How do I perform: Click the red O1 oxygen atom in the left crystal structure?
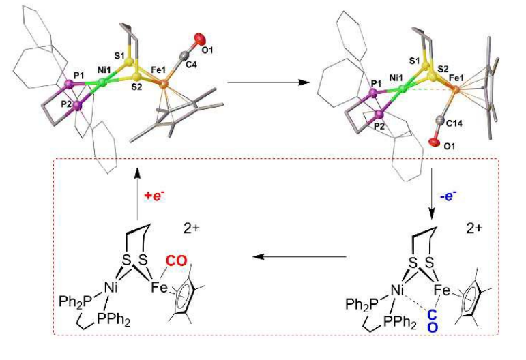point(199,37)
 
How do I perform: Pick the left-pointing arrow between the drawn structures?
point(297,257)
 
